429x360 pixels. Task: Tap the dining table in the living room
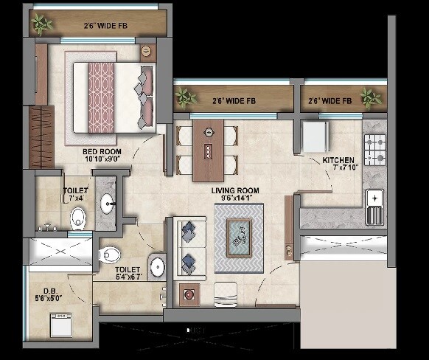pos(209,150)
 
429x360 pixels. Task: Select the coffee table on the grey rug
pos(238,237)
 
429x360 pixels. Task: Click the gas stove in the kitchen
pos(374,150)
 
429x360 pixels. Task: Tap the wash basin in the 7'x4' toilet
pos(108,201)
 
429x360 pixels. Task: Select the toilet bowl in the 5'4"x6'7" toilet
pos(108,255)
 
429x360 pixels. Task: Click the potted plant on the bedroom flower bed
pos(43,24)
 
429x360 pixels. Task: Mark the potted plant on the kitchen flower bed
pos(370,97)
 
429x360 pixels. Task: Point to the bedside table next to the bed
pos(146,52)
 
